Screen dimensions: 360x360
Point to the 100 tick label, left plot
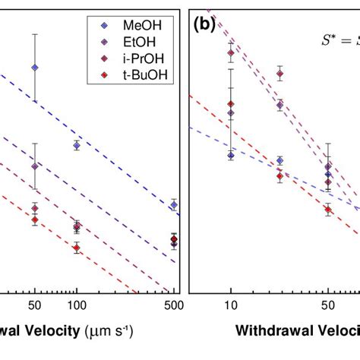coord(77,305)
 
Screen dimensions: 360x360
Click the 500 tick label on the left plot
coord(173,305)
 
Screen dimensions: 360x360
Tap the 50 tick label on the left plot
coord(35,305)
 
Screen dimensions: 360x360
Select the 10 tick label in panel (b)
coord(230,305)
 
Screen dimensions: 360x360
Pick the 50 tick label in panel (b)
coord(327,305)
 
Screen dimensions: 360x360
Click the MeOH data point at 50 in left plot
coord(35,68)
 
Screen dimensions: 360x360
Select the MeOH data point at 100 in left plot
coord(77,145)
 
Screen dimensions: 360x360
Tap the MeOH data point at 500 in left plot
coord(174,205)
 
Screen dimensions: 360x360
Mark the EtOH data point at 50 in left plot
coord(35,166)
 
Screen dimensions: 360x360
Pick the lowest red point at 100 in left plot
coord(77,246)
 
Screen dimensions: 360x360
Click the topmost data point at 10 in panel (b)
coord(230,53)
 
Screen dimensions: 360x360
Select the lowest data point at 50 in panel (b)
coord(327,210)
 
